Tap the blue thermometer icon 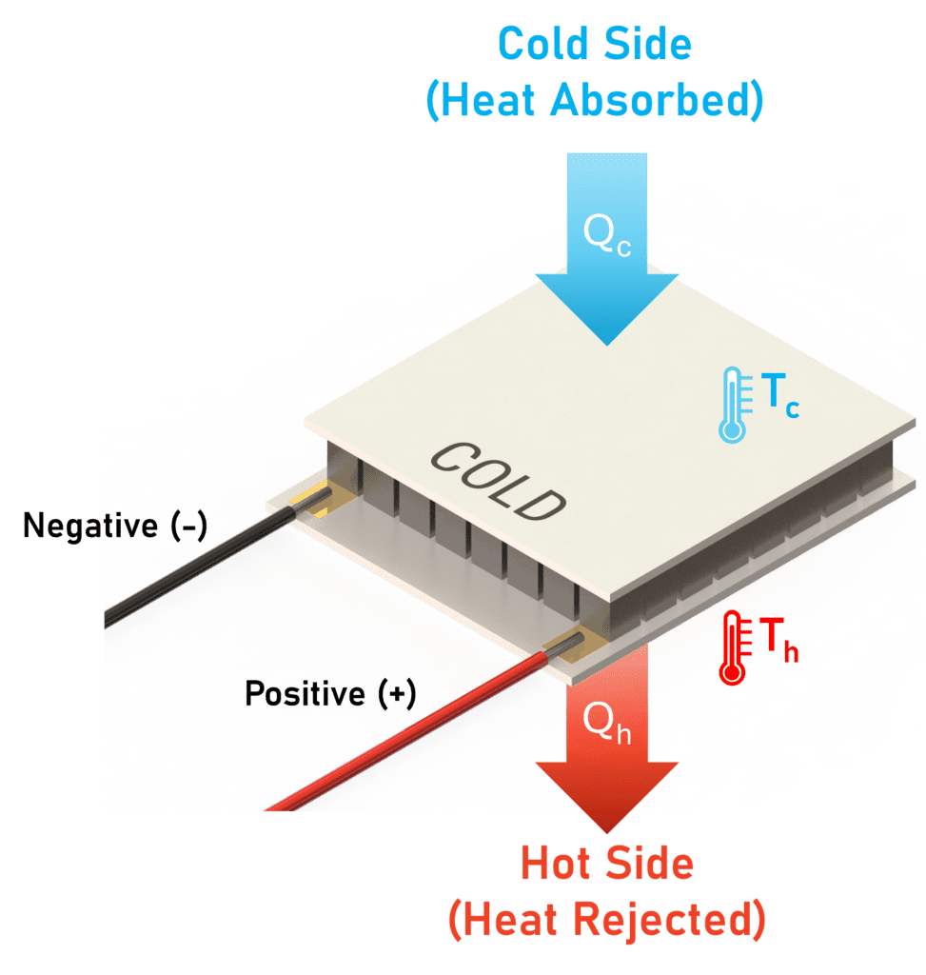point(731,405)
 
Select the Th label point(777,639)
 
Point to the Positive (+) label point(330,694)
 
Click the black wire point(190,571)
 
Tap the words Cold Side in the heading point(594,44)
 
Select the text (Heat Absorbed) point(594,101)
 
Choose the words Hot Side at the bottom point(606,865)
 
